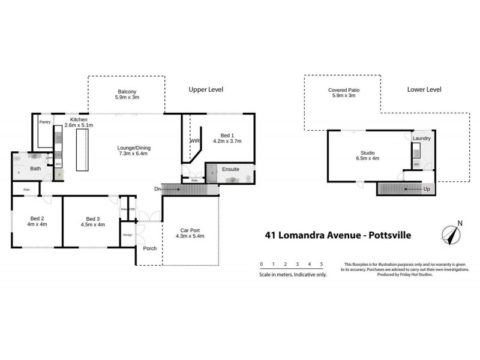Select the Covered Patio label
click(x=344, y=92)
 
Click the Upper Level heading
click(x=206, y=89)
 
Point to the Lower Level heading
click(x=424, y=89)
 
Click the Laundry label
click(x=422, y=139)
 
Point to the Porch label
click(x=149, y=248)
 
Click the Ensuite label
click(x=230, y=169)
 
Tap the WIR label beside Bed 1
click(x=194, y=141)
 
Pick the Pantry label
click(x=44, y=122)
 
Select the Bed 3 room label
click(x=92, y=221)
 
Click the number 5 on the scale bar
click(x=322, y=264)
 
